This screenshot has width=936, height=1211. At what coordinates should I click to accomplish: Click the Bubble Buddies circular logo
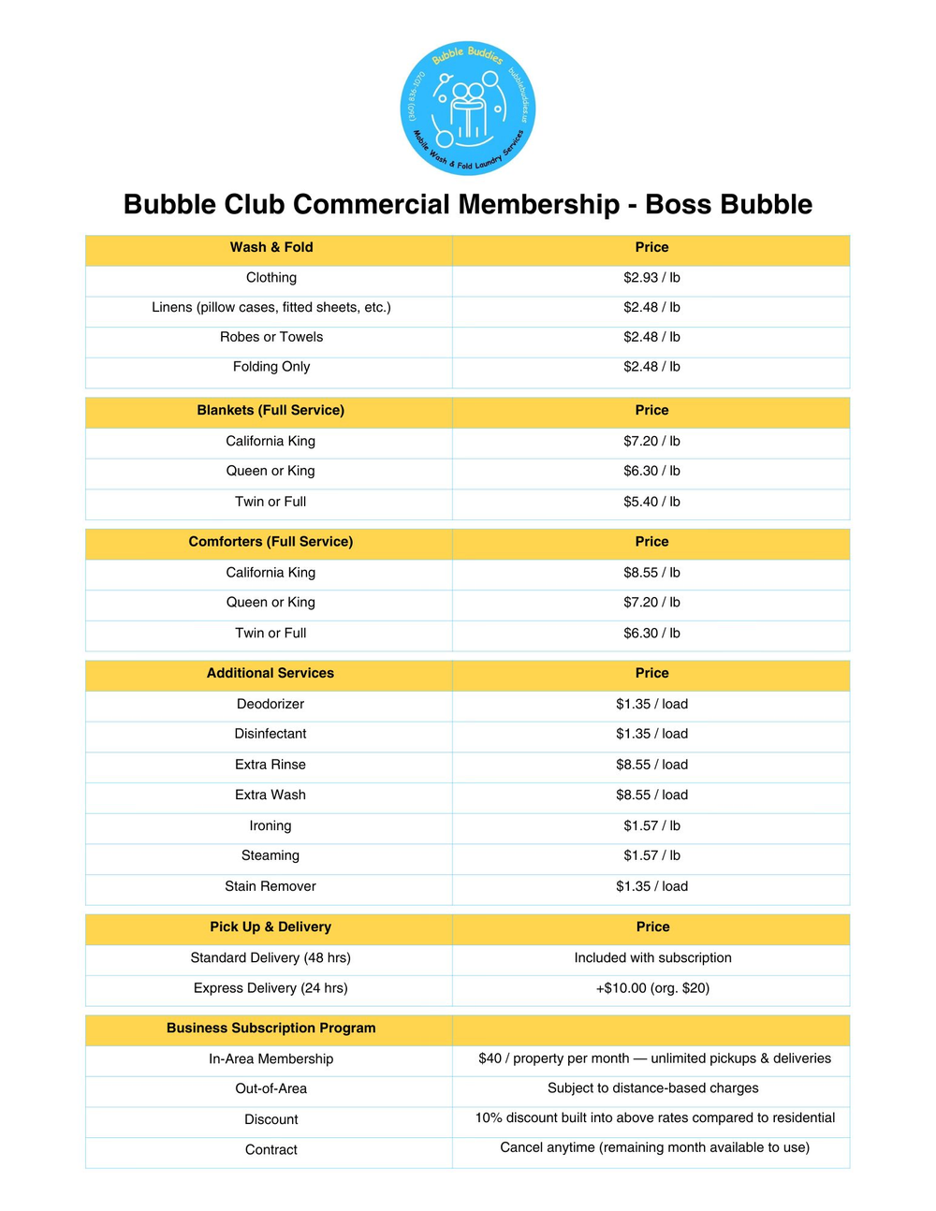tap(467, 108)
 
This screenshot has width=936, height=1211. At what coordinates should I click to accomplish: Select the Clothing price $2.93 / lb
tap(651, 278)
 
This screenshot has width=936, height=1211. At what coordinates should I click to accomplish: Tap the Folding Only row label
tap(271, 367)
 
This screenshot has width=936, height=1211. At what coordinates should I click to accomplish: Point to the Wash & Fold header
tap(271, 247)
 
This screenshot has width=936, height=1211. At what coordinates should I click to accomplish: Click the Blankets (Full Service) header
tap(271, 410)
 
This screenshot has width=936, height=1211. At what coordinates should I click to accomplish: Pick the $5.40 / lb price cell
tap(651, 502)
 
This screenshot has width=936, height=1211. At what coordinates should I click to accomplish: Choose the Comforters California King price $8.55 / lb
tap(651, 573)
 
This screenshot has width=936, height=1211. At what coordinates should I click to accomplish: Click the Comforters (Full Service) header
tap(271, 542)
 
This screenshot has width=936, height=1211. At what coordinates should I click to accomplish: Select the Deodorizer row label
tap(271, 704)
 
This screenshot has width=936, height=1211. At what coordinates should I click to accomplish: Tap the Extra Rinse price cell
tap(651, 765)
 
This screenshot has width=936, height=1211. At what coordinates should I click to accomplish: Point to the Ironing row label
tap(271, 825)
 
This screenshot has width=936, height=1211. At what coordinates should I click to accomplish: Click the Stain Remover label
tap(271, 886)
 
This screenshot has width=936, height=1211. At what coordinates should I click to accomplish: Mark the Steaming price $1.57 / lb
tap(651, 855)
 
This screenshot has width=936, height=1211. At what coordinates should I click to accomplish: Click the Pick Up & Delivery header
tap(271, 926)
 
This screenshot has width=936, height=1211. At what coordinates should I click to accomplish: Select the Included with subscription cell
tap(652, 957)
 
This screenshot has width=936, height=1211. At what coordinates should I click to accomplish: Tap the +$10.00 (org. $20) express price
tap(652, 988)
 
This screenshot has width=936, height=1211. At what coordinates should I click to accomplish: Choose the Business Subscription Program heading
tap(271, 1028)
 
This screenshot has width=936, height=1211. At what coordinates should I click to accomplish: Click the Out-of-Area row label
tap(271, 1088)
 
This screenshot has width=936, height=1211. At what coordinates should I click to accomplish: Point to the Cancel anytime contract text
tap(654, 1147)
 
